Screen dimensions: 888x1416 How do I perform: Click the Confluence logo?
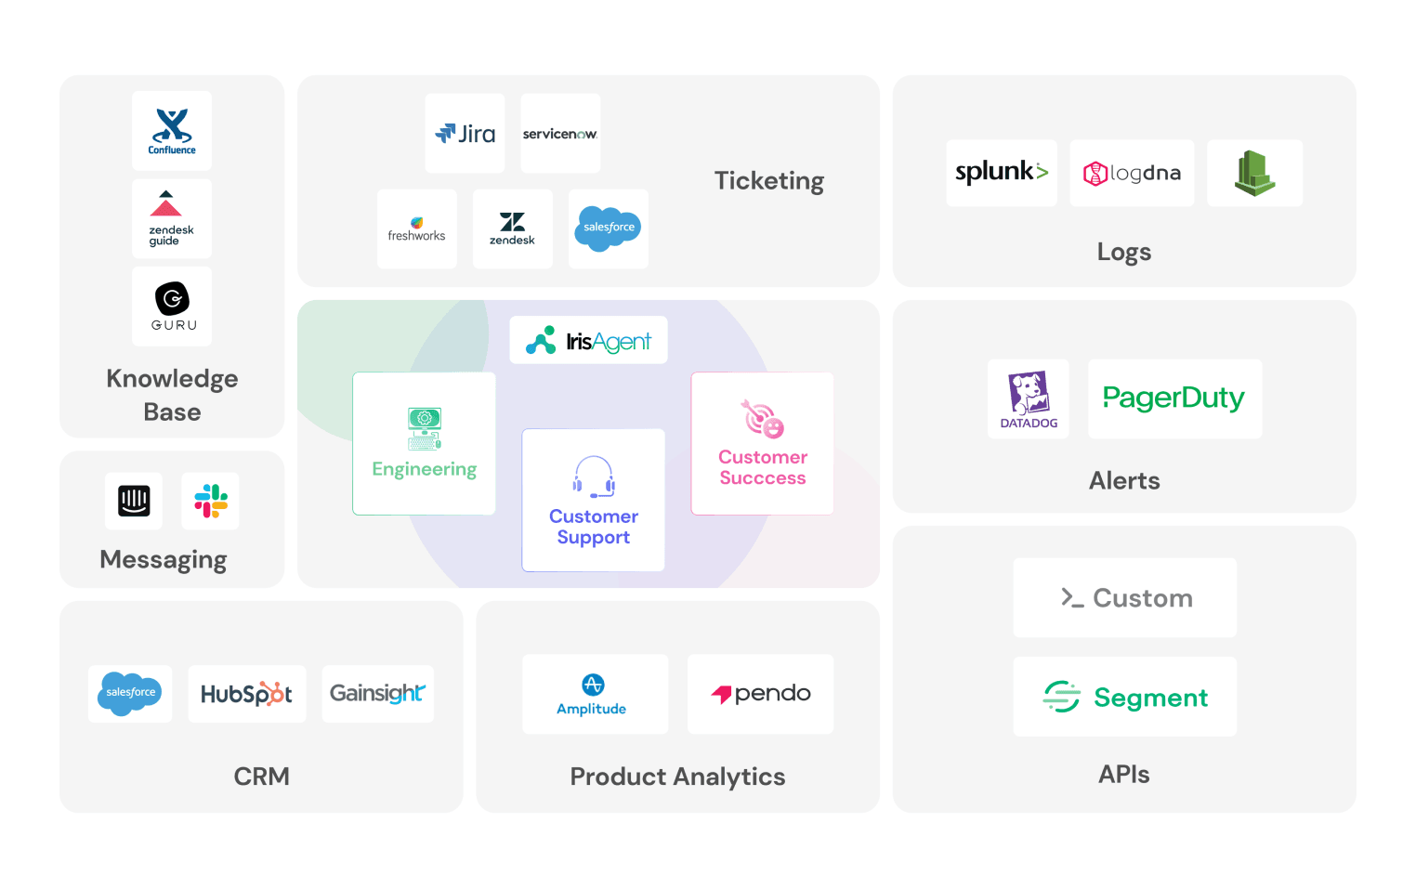click(x=172, y=130)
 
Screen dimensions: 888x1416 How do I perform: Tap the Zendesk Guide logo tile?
click(x=172, y=219)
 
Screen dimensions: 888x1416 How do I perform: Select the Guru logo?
click(x=172, y=306)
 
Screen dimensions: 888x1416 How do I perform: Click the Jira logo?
click(x=465, y=134)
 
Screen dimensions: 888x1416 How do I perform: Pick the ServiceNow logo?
click(x=560, y=134)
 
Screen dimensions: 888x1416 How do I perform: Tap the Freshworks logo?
click(x=416, y=229)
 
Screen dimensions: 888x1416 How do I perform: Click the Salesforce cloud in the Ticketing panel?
click(x=609, y=228)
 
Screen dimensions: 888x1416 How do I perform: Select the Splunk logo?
click(x=1002, y=173)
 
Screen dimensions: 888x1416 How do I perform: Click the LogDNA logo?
click(x=1132, y=174)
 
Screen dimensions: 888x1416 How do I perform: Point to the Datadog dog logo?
click(x=1029, y=393)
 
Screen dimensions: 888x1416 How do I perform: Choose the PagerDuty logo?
click(x=1173, y=398)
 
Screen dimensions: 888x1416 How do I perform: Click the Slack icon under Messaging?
click(x=211, y=502)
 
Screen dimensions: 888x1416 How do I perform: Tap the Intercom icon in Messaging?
click(x=134, y=502)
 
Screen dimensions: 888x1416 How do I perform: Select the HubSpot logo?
click(x=246, y=694)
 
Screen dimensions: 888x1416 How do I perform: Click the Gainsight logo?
click(x=377, y=694)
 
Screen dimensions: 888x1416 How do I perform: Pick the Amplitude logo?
click(x=593, y=694)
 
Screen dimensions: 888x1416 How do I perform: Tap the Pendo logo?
click(x=761, y=694)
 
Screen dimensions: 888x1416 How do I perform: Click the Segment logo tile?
click(x=1124, y=697)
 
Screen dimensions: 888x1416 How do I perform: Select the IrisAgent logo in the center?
click(x=589, y=341)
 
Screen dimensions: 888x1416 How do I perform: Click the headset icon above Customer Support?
click(x=594, y=477)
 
